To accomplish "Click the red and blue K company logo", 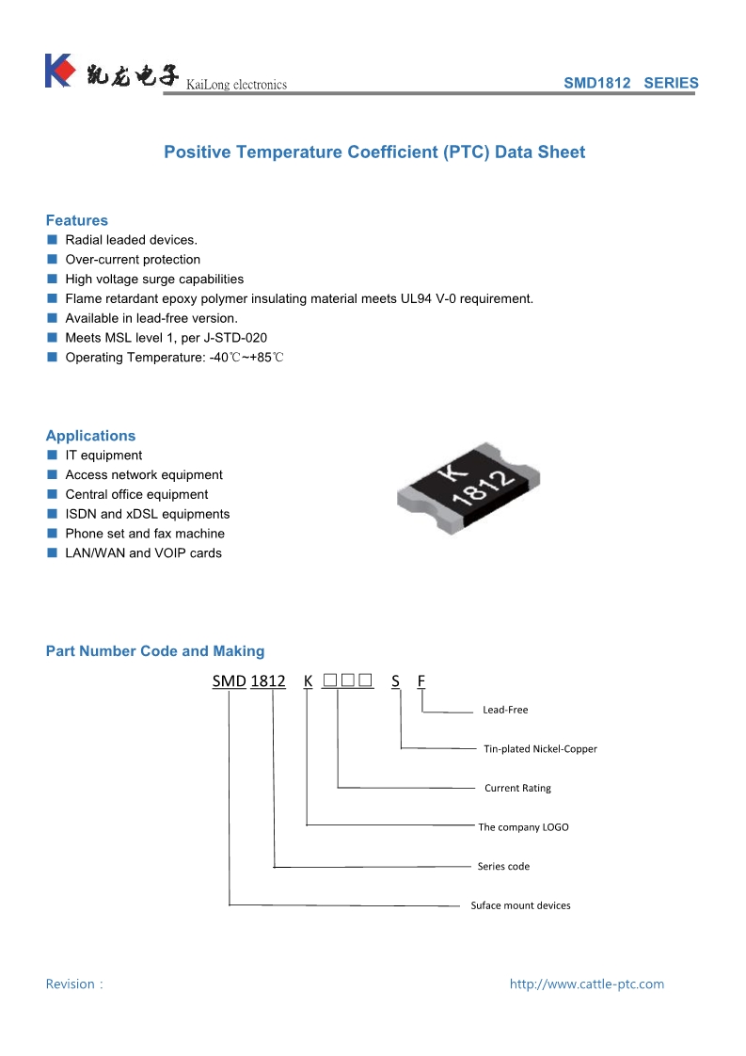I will point(58,71).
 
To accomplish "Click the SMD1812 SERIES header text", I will point(630,83).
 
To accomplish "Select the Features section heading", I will point(77,220).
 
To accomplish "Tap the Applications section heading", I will point(90,436).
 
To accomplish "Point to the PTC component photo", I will point(468,488).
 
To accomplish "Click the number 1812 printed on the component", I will point(483,492).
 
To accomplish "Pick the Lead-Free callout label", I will point(505,710).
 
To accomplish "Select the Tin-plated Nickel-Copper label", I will point(540,749).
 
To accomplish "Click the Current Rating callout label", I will point(517,788).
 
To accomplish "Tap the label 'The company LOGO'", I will point(523,827).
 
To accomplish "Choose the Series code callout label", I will point(503,866).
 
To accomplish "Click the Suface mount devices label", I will point(520,905).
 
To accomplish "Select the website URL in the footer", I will point(586,984).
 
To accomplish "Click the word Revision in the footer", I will point(71,984).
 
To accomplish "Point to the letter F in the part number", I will point(421,680).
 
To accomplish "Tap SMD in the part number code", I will point(229,680).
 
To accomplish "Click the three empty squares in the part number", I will point(348,680).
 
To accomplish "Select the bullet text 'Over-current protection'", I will point(133,260).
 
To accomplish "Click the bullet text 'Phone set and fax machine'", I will point(145,534).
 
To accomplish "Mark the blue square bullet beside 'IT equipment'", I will point(53,456).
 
